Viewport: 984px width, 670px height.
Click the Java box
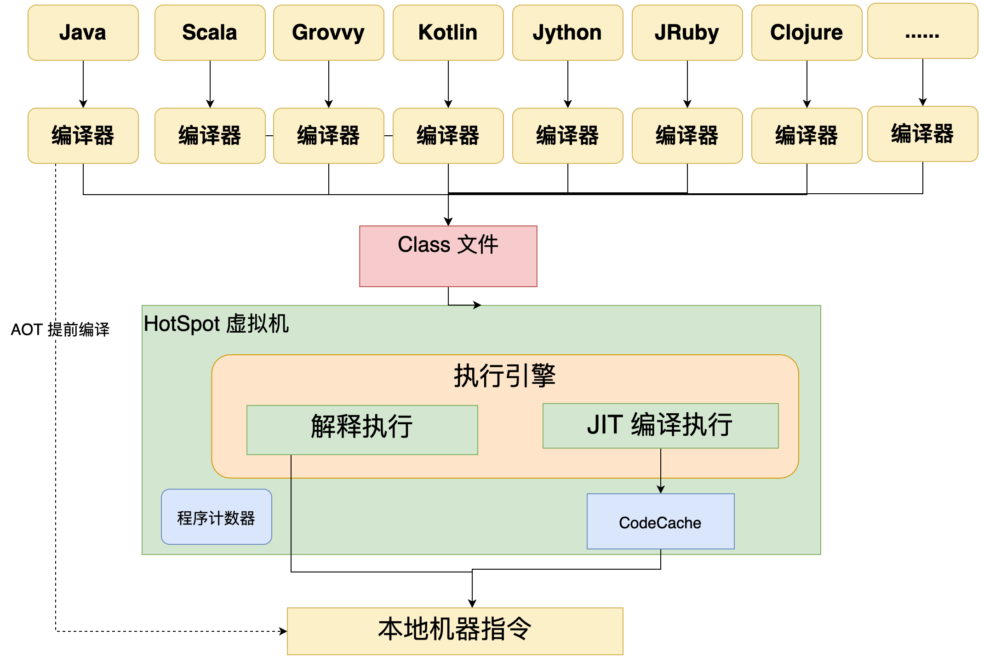pyautogui.click(x=83, y=33)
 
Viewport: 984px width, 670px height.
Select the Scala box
pyautogui.click(x=210, y=33)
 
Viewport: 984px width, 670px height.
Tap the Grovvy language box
pyautogui.click(x=328, y=33)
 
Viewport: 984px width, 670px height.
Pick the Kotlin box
pyautogui.click(x=448, y=33)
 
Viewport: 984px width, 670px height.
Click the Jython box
pyautogui.click(x=567, y=33)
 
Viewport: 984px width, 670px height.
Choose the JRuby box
pyautogui.click(x=687, y=33)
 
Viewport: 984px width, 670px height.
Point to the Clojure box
pyautogui.click(x=807, y=33)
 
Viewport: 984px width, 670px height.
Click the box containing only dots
pyautogui.click(x=922, y=31)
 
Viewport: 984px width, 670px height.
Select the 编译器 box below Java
pyautogui.click(x=83, y=136)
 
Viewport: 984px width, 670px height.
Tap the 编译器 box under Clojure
pyautogui.click(x=807, y=136)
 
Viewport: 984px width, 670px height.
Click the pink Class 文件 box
pyautogui.click(x=448, y=256)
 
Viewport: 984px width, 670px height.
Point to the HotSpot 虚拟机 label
pyautogui.click(x=216, y=323)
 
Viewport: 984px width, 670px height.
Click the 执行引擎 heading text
pyautogui.click(x=504, y=375)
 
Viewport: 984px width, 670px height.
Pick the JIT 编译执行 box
pyautogui.click(x=660, y=426)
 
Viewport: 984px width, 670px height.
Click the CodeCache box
pyautogui.click(x=660, y=521)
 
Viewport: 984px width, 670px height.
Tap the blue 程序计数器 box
pyautogui.click(x=216, y=517)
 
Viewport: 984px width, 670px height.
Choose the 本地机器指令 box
pyautogui.click(x=455, y=631)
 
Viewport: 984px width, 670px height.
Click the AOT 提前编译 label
pyautogui.click(x=60, y=329)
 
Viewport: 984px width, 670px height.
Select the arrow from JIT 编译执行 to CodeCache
pyautogui.click(x=661, y=470)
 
